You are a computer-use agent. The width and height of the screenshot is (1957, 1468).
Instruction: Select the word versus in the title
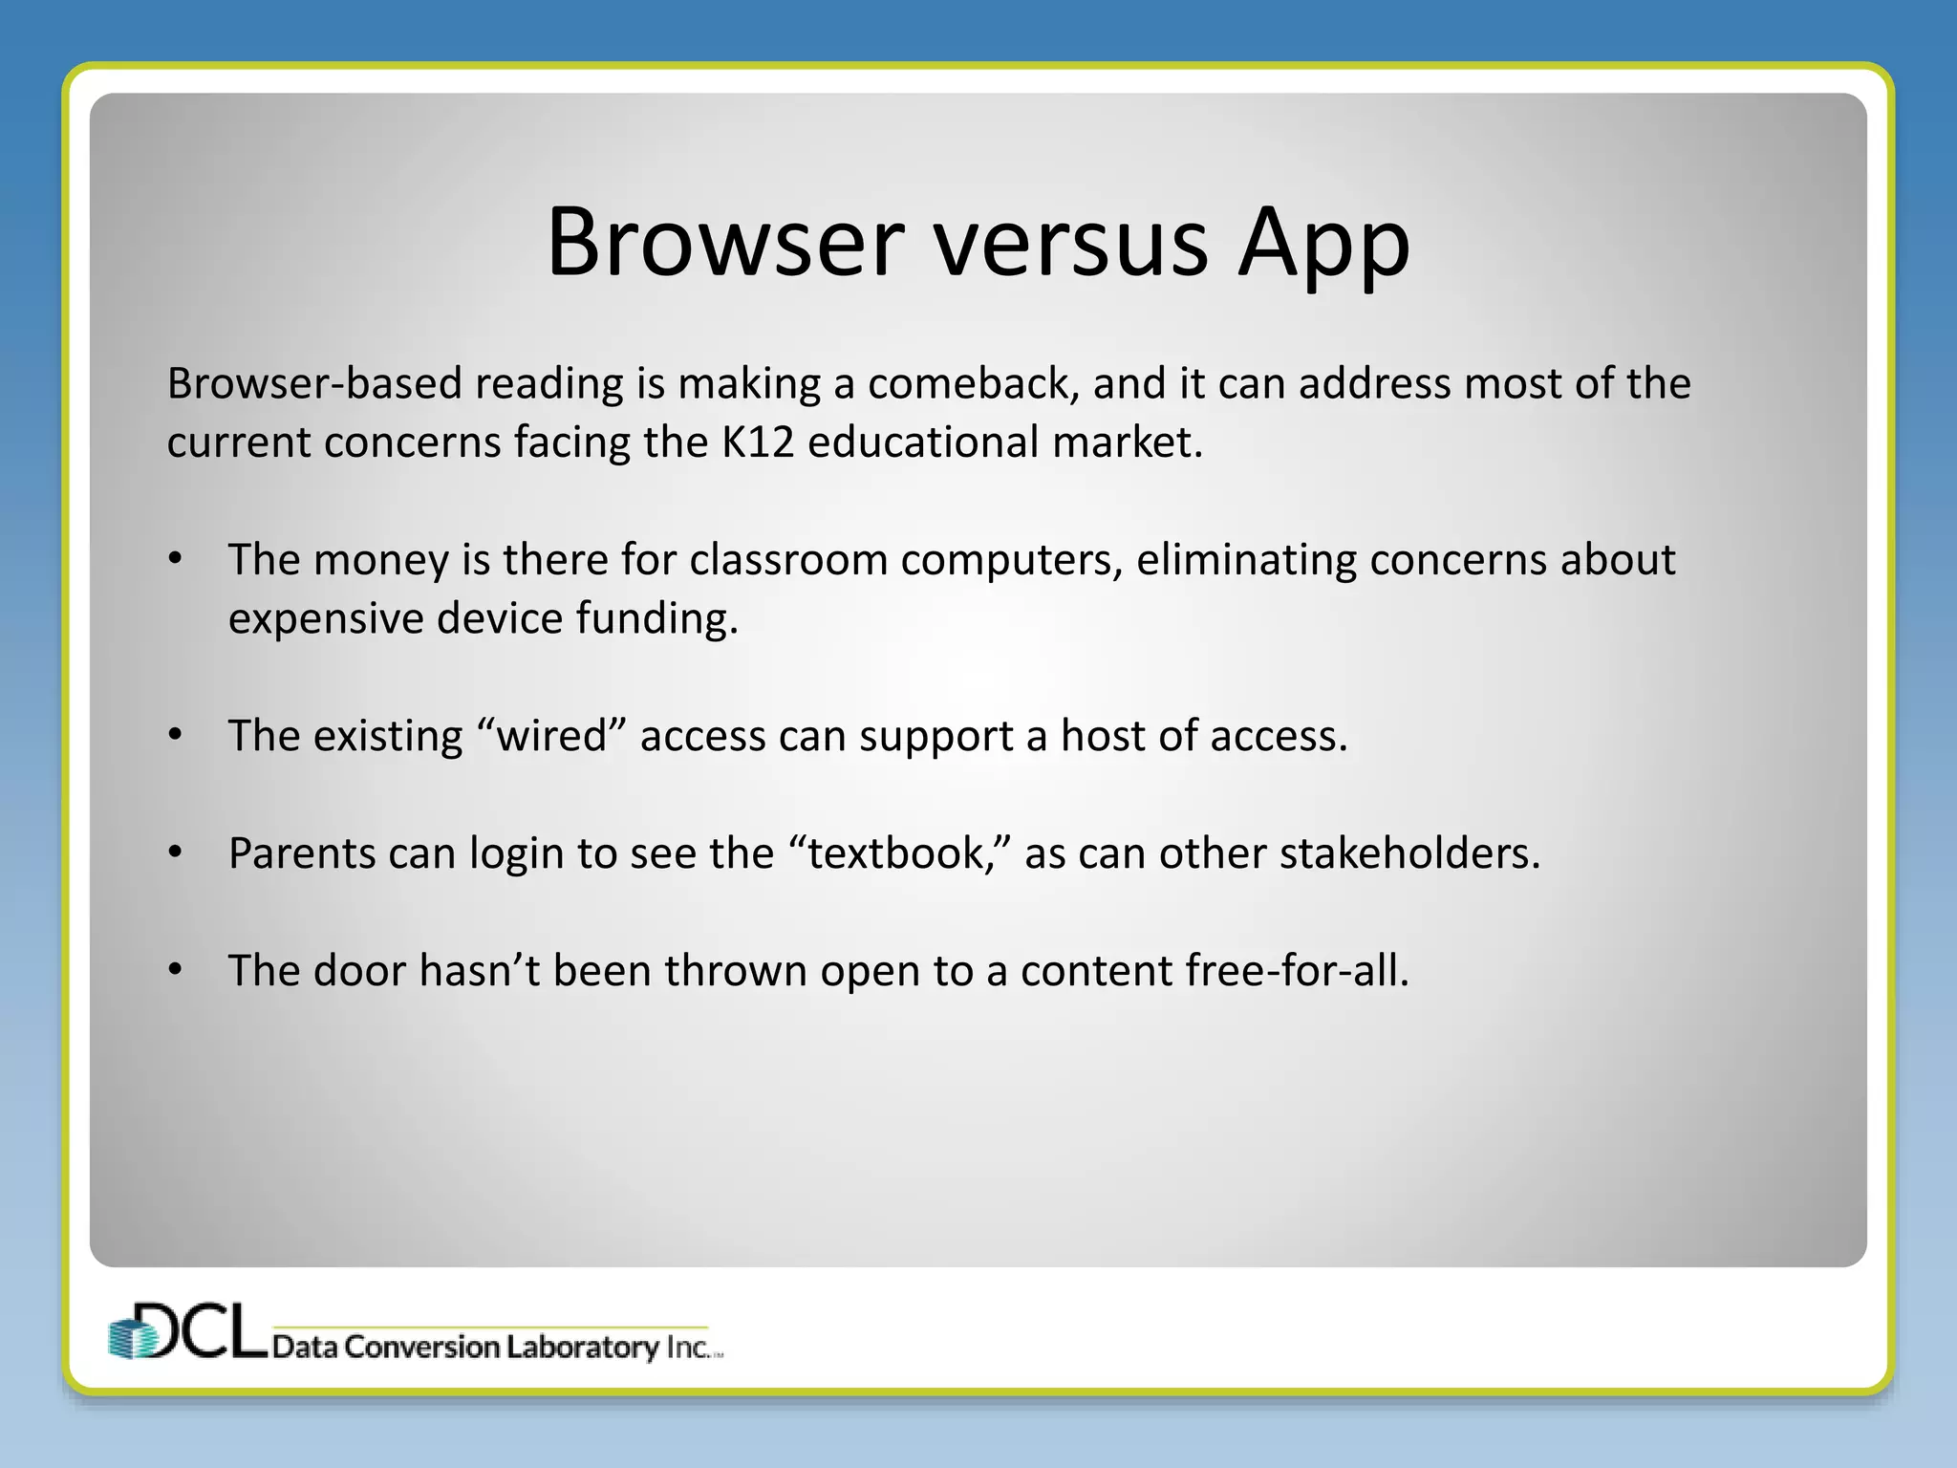(x=1070, y=245)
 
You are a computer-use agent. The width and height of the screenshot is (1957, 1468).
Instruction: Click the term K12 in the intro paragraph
(x=758, y=443)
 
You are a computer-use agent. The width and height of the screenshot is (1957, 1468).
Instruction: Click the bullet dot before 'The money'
(x=175, y=559)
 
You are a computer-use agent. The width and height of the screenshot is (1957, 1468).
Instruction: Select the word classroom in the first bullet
(x=788, y=560)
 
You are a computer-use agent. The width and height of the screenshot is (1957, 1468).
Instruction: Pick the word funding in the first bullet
(x=656, y=619)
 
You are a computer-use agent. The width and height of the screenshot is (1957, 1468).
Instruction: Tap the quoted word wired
(x=551, y=736)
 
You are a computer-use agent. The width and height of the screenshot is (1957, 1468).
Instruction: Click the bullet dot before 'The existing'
(x=175, y=735)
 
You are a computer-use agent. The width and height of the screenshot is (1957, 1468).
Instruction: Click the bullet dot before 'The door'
(x=175, y=970)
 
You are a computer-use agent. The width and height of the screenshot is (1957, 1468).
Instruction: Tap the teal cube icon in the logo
(x=131, y=1337)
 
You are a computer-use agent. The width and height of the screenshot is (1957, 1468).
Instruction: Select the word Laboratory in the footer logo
(x=582, y=1348)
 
